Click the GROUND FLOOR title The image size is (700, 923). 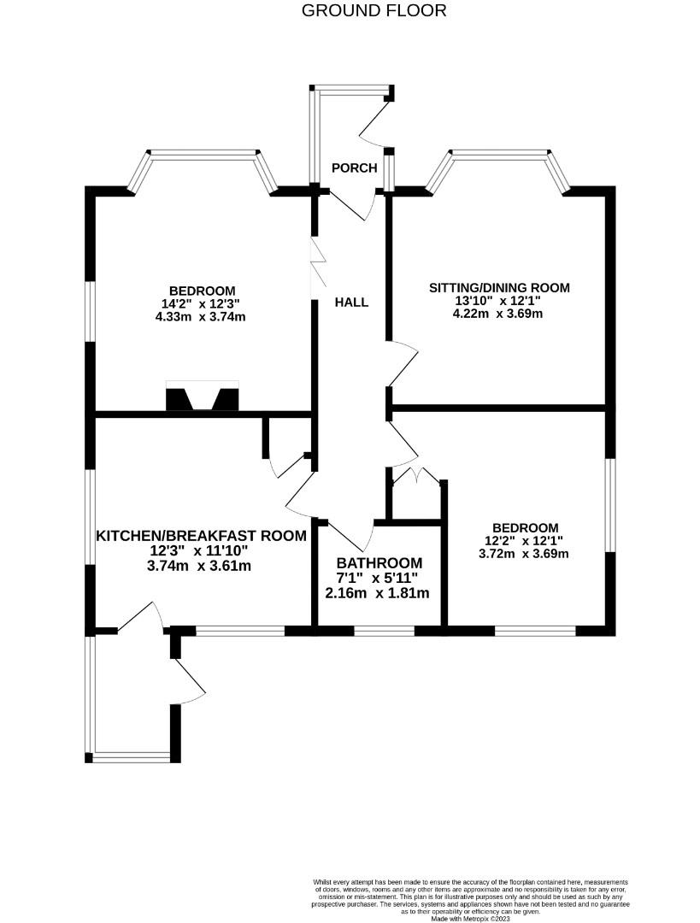click(x=374, y=11)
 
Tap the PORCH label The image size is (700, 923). click(x=354, y=168)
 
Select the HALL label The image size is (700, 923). click(x=351, y=303)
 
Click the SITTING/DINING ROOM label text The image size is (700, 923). click(x=498, y=287)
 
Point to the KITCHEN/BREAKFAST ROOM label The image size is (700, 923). click(x=200, y=537)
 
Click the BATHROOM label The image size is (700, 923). click(x=379, y=563)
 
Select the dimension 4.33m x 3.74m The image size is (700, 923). click(x=202, y=316)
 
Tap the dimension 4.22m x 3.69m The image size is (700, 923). click(x=498, y=314)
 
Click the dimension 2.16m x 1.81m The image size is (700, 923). click(x=377, y=592)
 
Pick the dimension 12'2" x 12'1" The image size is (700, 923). click(x=525, y=541)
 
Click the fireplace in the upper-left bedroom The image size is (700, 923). click(x=203, y=399)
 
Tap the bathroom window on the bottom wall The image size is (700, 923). click(x=384, y=631)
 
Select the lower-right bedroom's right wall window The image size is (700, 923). click(x=609, y=505)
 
